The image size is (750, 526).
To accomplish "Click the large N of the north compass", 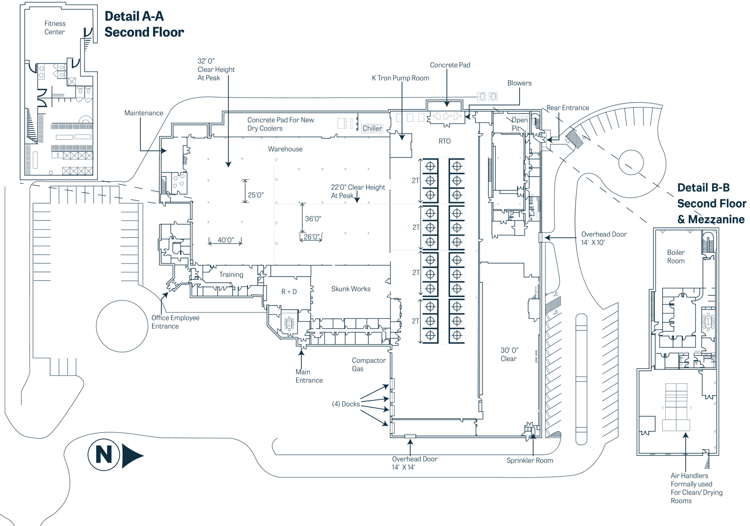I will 104,454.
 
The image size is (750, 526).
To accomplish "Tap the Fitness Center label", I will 55,28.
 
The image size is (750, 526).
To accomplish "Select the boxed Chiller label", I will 372,128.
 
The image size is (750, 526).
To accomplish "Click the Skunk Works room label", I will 351,289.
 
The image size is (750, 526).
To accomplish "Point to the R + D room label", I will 289,292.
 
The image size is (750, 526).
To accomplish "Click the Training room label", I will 231,275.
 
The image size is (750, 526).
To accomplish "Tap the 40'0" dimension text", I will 225,240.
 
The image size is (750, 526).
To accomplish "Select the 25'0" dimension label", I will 256,195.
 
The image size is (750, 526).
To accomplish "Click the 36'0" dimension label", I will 313,219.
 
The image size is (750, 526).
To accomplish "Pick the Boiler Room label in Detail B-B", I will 676,256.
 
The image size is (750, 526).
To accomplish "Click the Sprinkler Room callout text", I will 530,460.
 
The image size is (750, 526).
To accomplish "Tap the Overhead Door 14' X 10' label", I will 604,238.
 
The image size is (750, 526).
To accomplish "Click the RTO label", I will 444,141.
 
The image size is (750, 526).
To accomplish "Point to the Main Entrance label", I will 309,376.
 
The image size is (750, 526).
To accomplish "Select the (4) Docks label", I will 346,404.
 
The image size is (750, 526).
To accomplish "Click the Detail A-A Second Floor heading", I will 144,24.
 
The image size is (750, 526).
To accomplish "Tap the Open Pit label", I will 519,124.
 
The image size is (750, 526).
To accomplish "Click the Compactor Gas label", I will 368,364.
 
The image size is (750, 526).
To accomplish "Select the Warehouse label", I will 285,149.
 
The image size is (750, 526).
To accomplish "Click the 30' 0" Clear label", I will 509,354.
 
